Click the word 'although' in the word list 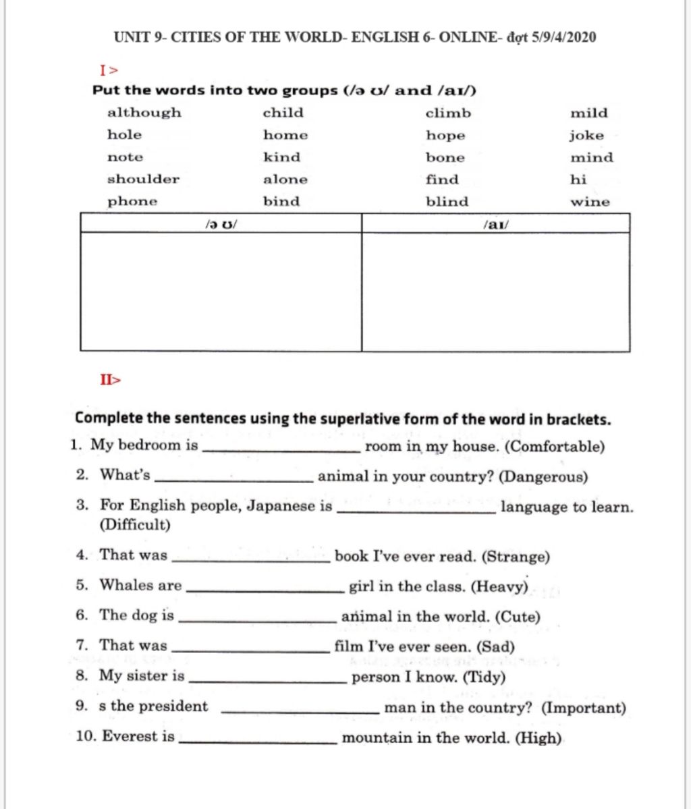[144, 113]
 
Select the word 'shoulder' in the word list [143, 179]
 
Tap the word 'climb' [448, 113]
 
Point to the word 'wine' [590, 202]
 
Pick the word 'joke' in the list [586, 136]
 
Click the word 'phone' [132, 202]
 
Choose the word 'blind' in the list [447, 202]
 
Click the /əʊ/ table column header [220, 223]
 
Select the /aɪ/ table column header [495, 223]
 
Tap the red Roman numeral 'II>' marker [110, 380]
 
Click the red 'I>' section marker [109, 69]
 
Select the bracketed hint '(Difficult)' [135, 525]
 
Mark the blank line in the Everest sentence [257, 741]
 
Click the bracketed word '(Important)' [584, 708]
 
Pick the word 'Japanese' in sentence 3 [279, 506]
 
